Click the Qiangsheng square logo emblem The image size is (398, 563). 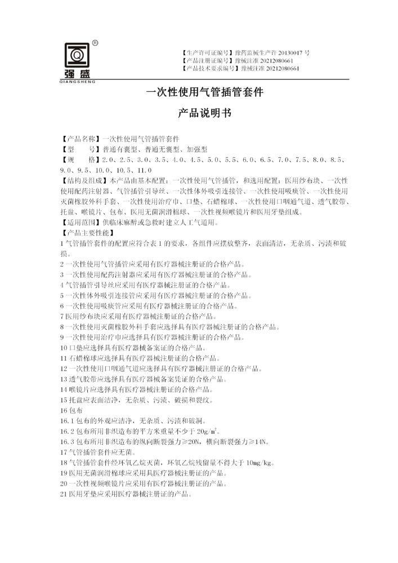click(77, 55)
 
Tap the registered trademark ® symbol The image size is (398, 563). click(95, 42)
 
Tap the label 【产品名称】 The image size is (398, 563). click(78, 139)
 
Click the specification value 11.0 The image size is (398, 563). click(144, 170)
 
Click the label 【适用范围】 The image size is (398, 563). click(78, 223)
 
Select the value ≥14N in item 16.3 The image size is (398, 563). click(260, 442)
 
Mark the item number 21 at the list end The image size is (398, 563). click(63, 494)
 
